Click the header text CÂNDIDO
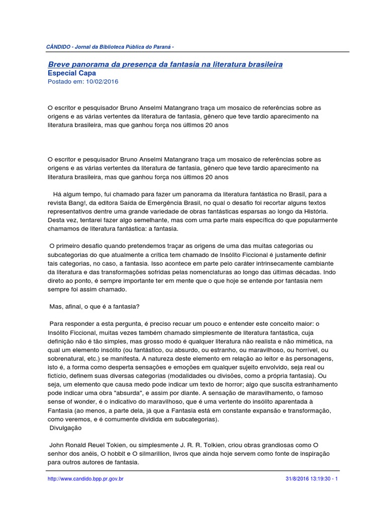point(58,47)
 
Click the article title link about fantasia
point(165,64)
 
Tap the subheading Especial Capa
point(71,73)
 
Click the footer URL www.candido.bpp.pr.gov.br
point(85,479)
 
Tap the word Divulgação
point(65,429)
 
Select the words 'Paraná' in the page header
point(164,47)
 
